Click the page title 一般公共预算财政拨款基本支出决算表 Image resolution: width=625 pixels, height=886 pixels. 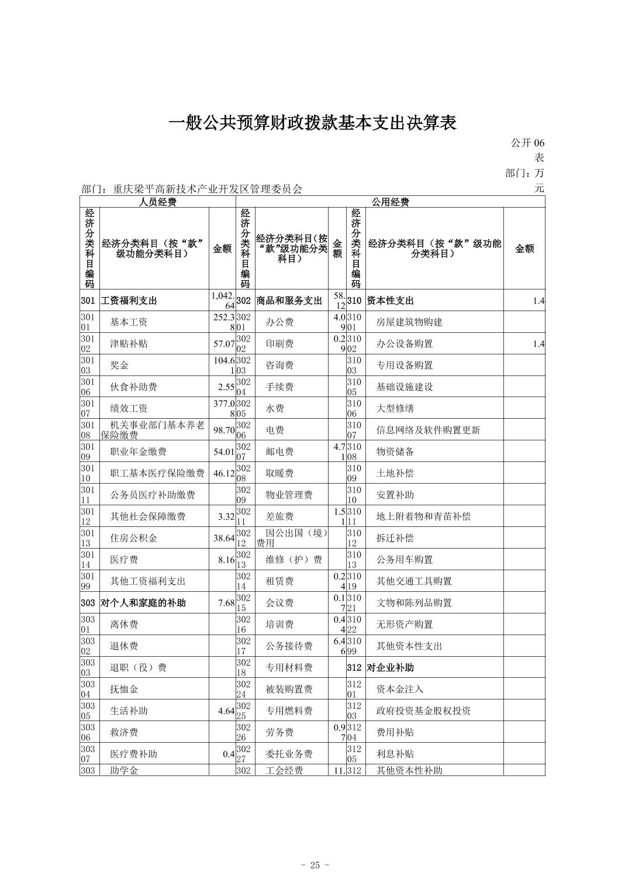click(x=312, y=123)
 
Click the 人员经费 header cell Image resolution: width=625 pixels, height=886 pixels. click(x=157, y=202)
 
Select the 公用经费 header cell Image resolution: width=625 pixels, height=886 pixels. click(x=390, y=202)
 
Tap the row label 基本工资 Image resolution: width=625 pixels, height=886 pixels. click(x=129, y=322)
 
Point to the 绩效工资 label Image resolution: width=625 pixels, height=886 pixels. click(x=129, y=409)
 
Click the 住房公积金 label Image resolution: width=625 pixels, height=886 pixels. click(x=133, y=539)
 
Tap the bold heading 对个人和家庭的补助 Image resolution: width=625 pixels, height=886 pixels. click(x=143, y=603)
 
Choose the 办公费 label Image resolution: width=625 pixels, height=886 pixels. click(x=279, y=322)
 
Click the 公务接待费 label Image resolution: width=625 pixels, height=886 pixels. click(x=289, y=646)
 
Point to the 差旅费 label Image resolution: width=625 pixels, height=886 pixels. click(x=279, y=517)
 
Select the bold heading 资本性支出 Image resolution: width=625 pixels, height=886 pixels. click(x=390, y=301)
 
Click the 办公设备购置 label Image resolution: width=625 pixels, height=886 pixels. click(x=405, y=344)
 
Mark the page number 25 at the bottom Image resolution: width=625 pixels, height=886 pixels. click(x=315, y=866)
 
